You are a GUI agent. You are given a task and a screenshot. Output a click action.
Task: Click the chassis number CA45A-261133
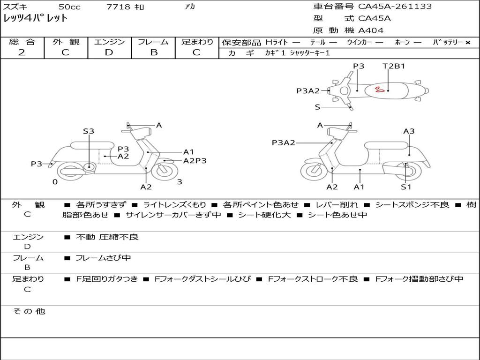395,7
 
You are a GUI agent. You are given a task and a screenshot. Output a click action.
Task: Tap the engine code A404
371,30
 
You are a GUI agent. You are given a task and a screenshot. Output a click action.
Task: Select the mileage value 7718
118,7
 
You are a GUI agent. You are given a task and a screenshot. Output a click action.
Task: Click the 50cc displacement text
69,7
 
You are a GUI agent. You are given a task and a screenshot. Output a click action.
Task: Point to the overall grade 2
22,52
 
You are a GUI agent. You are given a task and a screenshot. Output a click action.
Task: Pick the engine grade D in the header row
109,52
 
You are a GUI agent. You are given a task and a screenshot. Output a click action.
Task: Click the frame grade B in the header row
154,52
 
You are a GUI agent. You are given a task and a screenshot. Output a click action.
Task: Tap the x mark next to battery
468,43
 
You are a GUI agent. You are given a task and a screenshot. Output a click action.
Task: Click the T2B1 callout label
394,66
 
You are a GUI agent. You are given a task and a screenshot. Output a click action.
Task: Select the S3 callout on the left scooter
89,131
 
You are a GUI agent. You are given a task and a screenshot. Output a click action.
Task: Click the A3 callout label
409,131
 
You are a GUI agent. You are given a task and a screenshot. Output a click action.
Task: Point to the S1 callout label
406,187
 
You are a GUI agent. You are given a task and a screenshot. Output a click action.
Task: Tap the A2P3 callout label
195,161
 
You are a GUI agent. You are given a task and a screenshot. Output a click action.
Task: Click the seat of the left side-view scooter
93,145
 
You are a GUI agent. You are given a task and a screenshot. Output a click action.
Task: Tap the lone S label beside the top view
317,107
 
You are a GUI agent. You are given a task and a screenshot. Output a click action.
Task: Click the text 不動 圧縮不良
107,237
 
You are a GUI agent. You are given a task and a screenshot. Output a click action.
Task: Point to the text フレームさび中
103,258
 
